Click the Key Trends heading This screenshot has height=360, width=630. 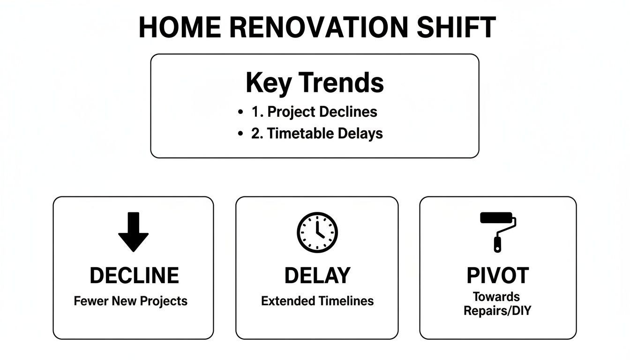[315, 83]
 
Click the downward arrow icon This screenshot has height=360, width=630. [133, 232]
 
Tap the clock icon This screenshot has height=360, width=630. [317, 232]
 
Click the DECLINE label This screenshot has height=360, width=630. [134, 276]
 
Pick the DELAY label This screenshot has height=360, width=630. [317, 276]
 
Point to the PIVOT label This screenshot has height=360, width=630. [498, 276]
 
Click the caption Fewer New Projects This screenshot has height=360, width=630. [131, 301]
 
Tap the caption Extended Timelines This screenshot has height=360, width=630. [317, 301]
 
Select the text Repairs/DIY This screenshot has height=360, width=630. [497, 310]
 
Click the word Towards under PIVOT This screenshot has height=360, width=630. [496, 297]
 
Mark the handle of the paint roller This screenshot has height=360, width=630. [497, 244]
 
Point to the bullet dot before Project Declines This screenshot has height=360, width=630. [241, 112]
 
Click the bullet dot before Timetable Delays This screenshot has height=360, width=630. [241, 134]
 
